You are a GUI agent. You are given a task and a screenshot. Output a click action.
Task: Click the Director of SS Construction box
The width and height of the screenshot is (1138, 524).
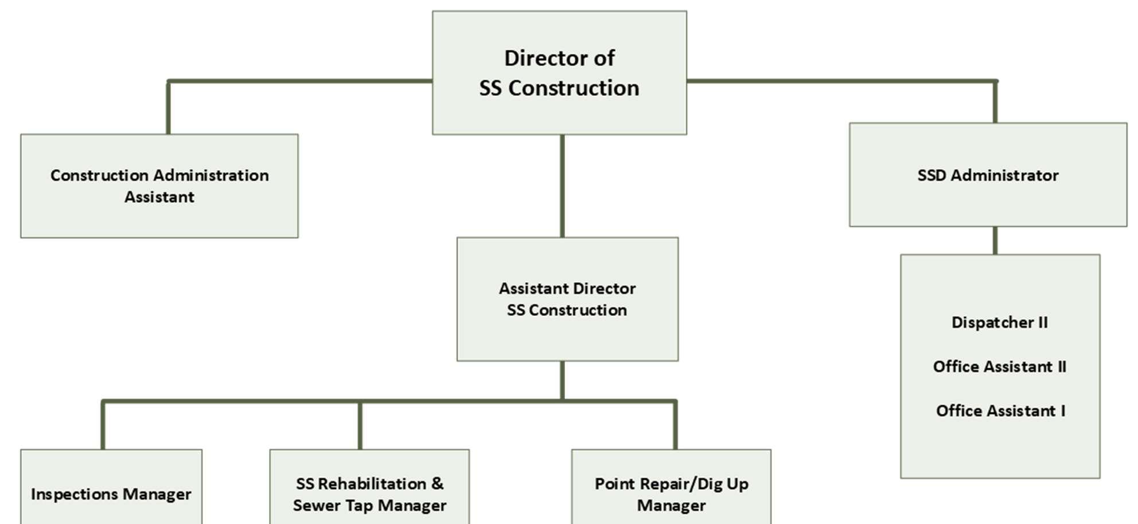pos(559,73)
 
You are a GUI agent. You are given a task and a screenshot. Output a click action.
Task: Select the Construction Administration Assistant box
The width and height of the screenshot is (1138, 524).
pos(159,186)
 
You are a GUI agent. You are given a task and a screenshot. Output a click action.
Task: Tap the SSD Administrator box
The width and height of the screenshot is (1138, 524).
pos(988,175)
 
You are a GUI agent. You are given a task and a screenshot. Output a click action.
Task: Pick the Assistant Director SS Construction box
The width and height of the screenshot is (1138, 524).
pos(567,299)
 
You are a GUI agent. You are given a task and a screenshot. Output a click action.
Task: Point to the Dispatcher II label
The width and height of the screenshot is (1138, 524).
pos(1000,322)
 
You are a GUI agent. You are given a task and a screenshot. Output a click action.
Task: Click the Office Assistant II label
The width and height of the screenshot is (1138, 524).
pos(1000,366)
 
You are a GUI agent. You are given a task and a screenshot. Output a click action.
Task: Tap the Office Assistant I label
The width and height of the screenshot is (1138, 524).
pos(1001,410)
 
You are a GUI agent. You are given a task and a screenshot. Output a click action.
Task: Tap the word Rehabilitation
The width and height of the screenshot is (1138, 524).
pos(372,484)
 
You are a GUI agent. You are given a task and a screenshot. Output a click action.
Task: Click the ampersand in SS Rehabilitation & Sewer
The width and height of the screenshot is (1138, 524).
pos(438,484)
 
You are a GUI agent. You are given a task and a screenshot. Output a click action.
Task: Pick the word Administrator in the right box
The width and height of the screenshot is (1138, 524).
pos(1004,175)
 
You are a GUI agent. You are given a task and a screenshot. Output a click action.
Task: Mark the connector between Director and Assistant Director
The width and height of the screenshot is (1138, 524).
pos(562,186)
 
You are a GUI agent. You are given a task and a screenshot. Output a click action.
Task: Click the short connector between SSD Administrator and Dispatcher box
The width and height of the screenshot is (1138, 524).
pos(995,240)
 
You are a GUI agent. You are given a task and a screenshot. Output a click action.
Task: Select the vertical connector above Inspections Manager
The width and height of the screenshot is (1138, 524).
pos(103,425)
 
